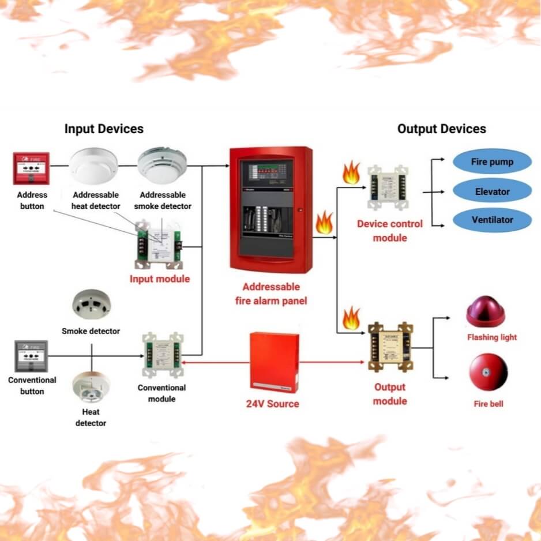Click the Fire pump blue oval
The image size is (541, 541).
pyautogui.click(x=492, y=162)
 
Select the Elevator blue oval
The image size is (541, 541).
pyautogui.click(x=492, y=191)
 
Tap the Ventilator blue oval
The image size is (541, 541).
pyautogui.click(x=492, y=220)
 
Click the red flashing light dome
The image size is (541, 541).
pyautogui.click(x=485, y=312)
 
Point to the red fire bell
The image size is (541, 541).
pyautogui.click(x=488, y=372)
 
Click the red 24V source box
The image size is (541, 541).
pyautogui.click(x=275, y=362)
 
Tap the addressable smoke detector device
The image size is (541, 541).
pyautogui.click(x=161, y=165)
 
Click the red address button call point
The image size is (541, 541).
pyautogui.click(x=31, y=168)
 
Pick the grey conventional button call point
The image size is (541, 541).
pyautogui.click(x=31, y=356)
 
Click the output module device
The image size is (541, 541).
pyautogui.click(x=390, y=347)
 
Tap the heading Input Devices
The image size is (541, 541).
pyautogui.click(x=104, y=129)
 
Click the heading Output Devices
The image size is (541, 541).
pyautogui.click(x=441, y=129)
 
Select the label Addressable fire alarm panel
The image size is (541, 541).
pyautogui.click(x=271, y=294)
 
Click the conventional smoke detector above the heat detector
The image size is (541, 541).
pyautogui.click(x=91, y=306)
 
